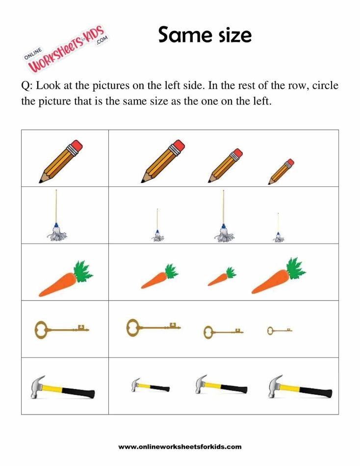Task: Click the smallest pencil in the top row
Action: [281, 172]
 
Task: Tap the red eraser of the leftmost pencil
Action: [76, 146]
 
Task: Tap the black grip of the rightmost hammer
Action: [316, 392]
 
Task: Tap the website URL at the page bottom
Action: [180, 447]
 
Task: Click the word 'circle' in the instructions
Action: [322, 86]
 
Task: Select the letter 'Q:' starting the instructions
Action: [26, 86]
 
